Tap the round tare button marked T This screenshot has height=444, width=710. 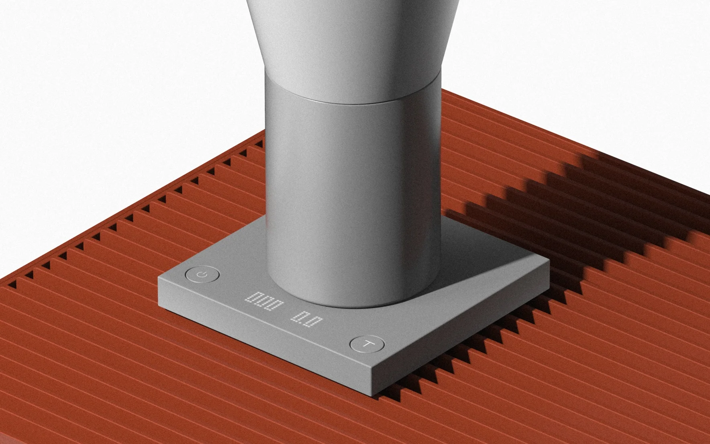click(367, 344)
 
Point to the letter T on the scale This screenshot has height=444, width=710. click(367, 344)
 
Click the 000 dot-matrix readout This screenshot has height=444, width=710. click(264, 302)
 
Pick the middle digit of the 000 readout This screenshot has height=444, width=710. click(263, 302)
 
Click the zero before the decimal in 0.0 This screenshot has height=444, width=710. click(298, 316)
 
